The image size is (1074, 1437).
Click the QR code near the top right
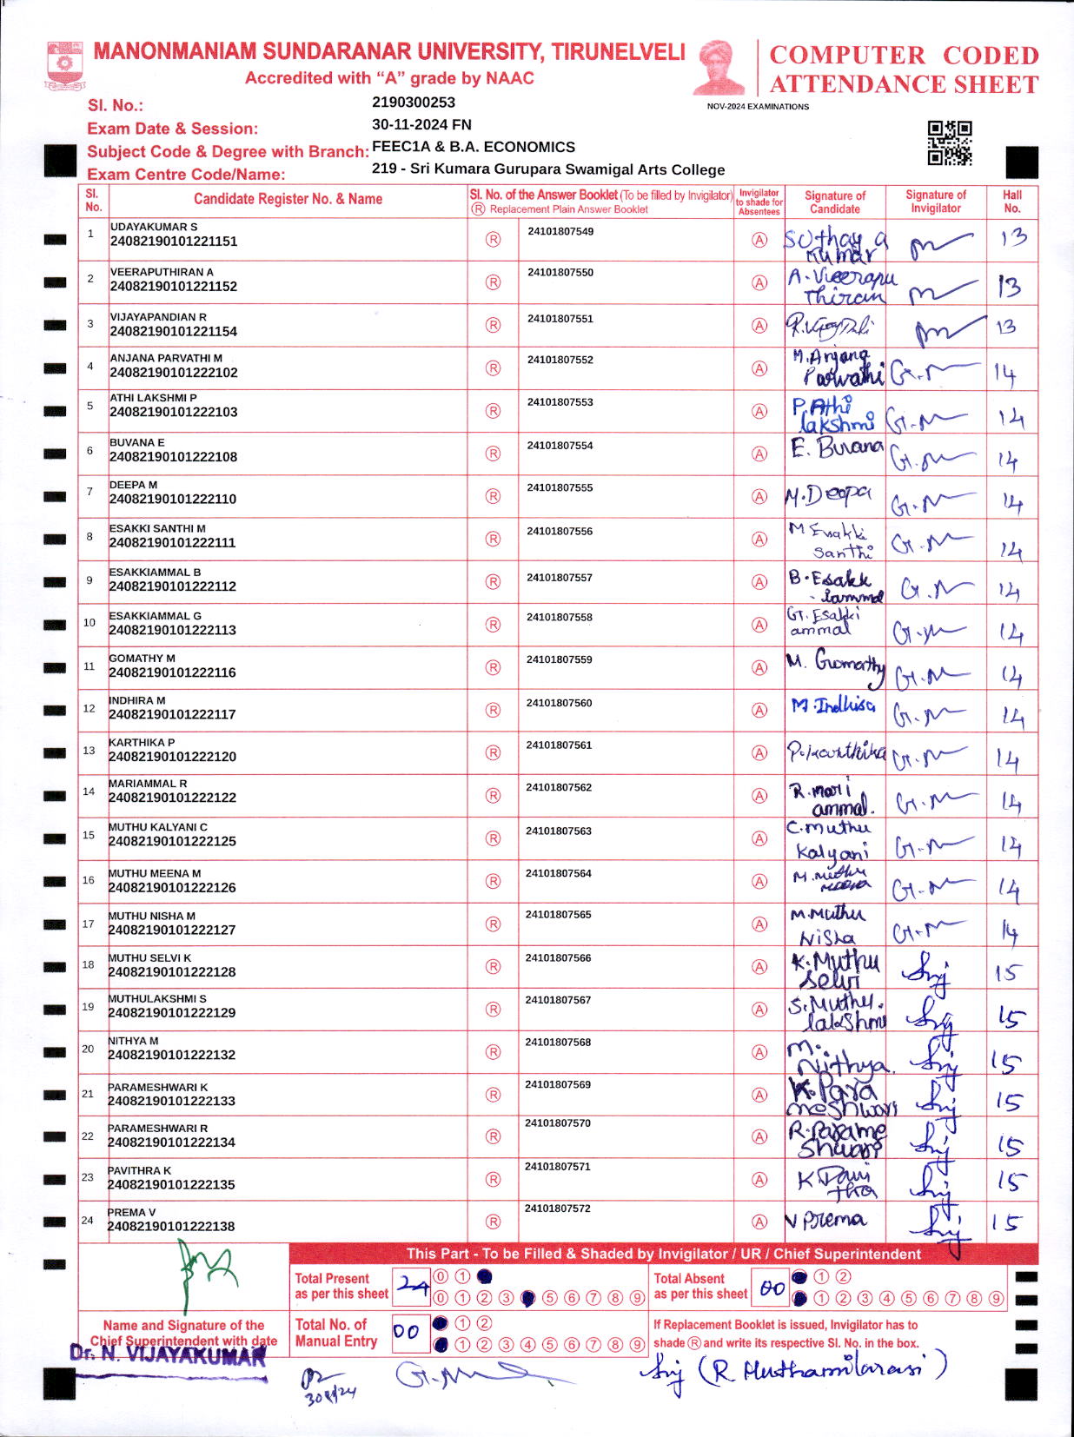coord(949,143)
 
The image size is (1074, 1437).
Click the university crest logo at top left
coord(64,65)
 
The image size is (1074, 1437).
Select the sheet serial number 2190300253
coord(414,103)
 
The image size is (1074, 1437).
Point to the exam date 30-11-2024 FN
coord(421,124)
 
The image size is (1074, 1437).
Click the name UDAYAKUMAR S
coord(154,227)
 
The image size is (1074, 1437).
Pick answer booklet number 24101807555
coord(560,488)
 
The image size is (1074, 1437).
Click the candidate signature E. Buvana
coord(836,449)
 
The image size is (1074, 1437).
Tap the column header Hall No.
coord(1011,202)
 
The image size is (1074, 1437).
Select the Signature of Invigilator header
coord(935,202)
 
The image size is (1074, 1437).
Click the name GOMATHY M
coord(143,659)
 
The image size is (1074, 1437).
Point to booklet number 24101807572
coord(557,1209)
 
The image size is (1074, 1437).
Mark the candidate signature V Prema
coord(826,1220)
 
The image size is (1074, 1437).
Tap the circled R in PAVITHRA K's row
coord(493,1179)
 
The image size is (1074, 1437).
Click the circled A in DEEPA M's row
coord(759,497)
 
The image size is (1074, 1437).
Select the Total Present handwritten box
coord(411,1287)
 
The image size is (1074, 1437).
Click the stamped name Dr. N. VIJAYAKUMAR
coord(169,1354)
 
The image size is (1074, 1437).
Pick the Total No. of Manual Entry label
coord(335,1333)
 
